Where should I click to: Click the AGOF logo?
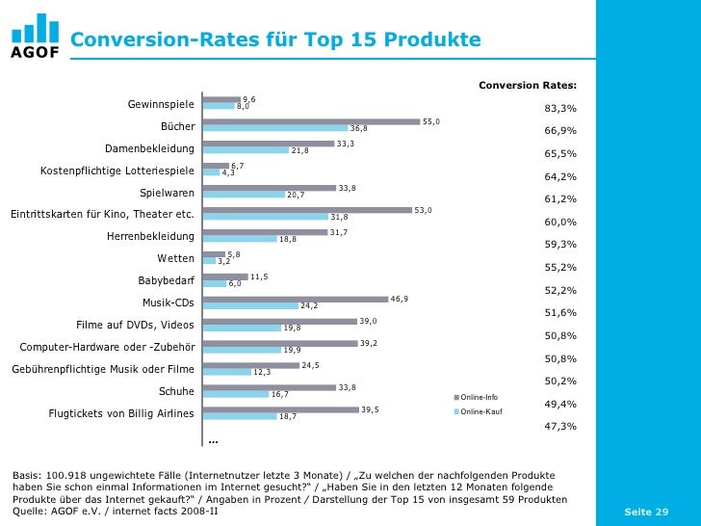click(35, 36)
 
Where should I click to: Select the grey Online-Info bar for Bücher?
click(312, 121)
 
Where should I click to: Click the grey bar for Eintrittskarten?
click(307, 210)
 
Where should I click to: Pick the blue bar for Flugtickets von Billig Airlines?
click(239, 416)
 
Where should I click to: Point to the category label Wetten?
click(175, 258)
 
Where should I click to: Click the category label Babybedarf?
click(167, 280)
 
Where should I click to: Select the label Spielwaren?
click(167, 192)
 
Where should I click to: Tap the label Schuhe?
click(176, 391)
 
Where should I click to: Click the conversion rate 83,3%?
click(560, 108)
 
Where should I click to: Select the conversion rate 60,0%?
click(560, 222)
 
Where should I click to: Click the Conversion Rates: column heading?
click(527, 86)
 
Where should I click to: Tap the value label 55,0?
click(430, 120)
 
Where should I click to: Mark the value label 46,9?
click(399, 299)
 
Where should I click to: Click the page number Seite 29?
click(646, 512)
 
